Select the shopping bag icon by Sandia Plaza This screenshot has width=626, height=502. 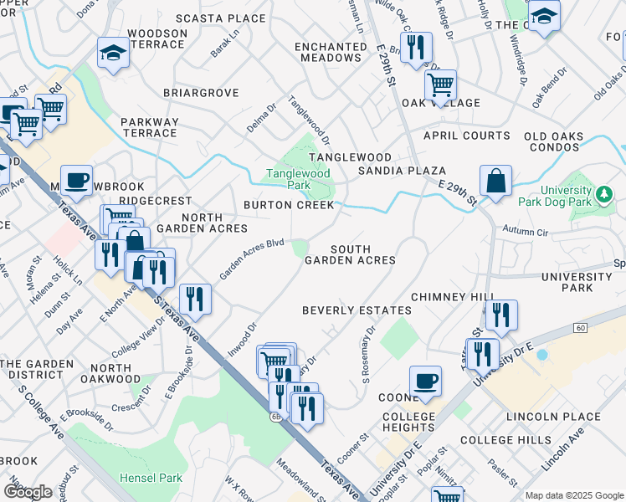tap(495, 181)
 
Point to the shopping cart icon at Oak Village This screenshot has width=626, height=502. tap(440, 85)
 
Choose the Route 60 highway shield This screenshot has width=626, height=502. tap(580, 327)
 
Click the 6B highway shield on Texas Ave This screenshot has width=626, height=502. tap(275, 416)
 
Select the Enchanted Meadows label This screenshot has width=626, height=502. tap(332, 52)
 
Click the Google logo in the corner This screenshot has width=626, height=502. tap(28, 491)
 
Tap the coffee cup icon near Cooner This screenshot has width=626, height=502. tap(425, 381)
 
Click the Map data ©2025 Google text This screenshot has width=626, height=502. tap(574, 495)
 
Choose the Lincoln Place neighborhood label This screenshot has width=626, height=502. tap(553, 417)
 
